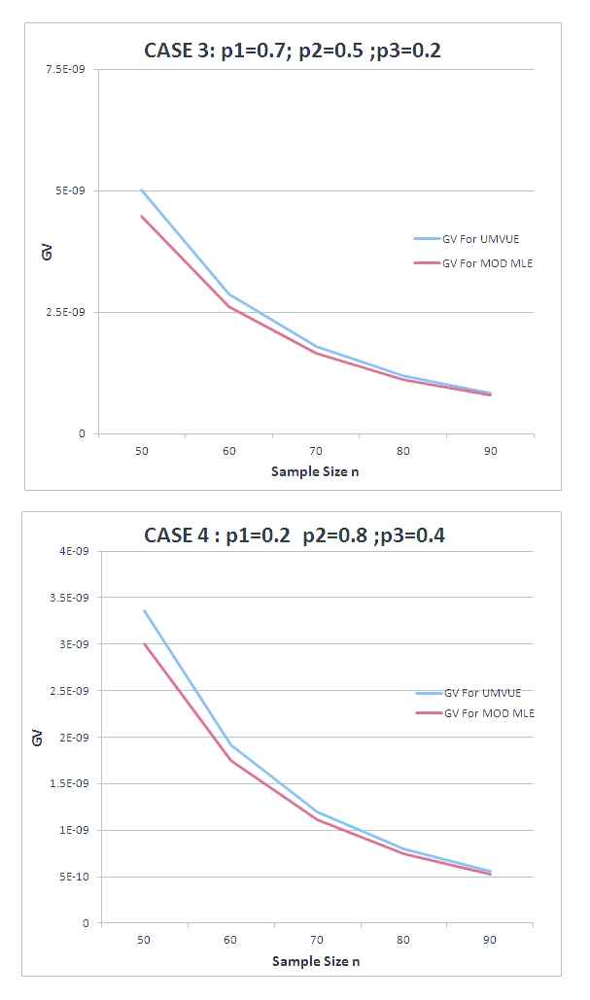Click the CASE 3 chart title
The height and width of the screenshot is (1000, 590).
[x=292, y=51]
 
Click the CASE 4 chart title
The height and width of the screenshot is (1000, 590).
[x=295, y=534]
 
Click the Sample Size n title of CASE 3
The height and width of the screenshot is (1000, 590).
[x=316, y=471]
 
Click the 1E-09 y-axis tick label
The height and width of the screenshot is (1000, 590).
[x=74, y=830]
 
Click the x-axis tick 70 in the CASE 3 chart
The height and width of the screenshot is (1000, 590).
[x=316, y=452]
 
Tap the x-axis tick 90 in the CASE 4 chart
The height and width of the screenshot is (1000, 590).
[x=490, y=942]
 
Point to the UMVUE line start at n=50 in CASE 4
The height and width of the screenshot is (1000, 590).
[x=144, y=610]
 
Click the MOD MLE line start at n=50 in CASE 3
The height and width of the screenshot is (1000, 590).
[x=142, y=216]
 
